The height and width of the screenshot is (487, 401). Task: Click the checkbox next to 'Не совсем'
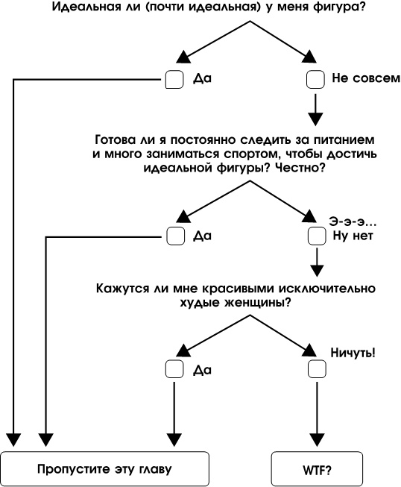(315, 78)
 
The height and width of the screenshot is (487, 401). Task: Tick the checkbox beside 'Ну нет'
(315, 236)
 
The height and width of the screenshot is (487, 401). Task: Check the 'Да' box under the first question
(174, 78)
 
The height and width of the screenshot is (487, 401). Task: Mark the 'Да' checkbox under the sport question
(174, 236)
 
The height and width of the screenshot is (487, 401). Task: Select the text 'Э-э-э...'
(353, 221)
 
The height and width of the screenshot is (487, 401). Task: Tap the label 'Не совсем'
(361, 78)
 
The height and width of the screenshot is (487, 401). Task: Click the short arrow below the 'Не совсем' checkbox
(315, 109)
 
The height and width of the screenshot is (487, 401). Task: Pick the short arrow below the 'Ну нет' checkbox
(315, 262)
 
